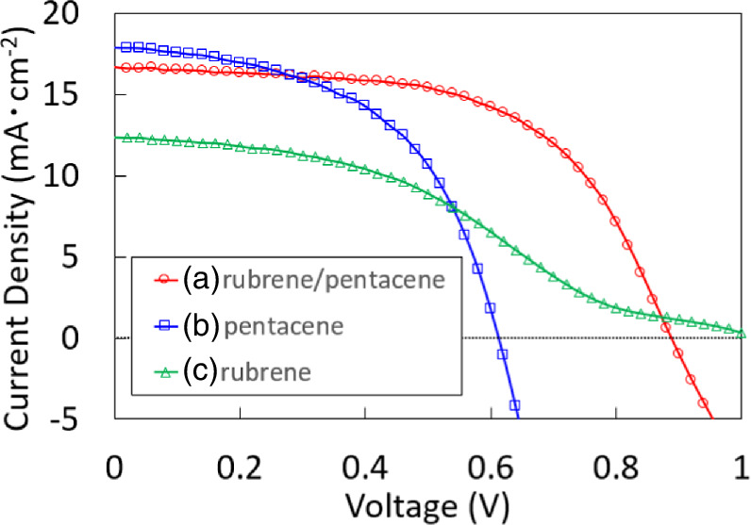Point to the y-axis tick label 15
click(x=83, y=95)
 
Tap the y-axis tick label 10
click(x=83, y=176)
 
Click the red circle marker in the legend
click(x=167, y=279)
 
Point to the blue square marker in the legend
click(x=167, y=326)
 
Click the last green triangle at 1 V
click(x=742, y=334)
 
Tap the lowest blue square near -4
click(x=514, y=405)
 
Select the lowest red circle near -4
click(x=703, y=402)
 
